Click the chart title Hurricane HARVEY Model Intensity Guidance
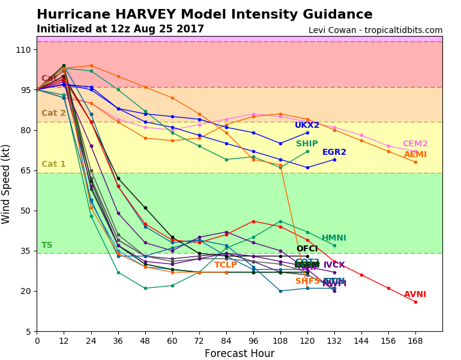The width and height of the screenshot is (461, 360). [x=204, y=14]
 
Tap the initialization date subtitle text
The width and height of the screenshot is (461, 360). [x=120, y=29]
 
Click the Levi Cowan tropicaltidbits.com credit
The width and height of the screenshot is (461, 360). [x=375, y=30]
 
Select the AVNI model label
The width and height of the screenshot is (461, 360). [x=415, y=295]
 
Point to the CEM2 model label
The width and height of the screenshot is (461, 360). [x=415, y=144]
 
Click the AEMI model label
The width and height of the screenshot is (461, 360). [x=415, y=155]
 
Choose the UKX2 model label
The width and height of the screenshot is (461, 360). [x=307, y=125]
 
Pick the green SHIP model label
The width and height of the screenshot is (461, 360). [x=307, y=144]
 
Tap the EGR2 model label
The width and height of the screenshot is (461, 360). [x=334, y=152]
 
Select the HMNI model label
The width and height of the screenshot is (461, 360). [x=334, y=238]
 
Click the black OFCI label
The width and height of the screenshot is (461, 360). [x=307, y=249]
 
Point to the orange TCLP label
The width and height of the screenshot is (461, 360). [x=226, y=265]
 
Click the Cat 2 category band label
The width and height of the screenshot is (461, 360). [x=53, y=113]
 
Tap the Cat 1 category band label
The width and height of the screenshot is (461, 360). [x=53, y=164]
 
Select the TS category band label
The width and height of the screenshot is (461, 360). [x=47, y=245]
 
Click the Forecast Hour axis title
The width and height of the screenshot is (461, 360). [x=240, y=353]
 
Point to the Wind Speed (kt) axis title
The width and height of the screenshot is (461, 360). [x=7, y=184]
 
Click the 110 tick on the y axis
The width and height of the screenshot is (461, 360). [x=23, y=50]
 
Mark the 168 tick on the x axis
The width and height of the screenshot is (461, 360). [x=415, y=341]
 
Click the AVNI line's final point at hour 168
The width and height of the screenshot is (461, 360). [x=415, y=302]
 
